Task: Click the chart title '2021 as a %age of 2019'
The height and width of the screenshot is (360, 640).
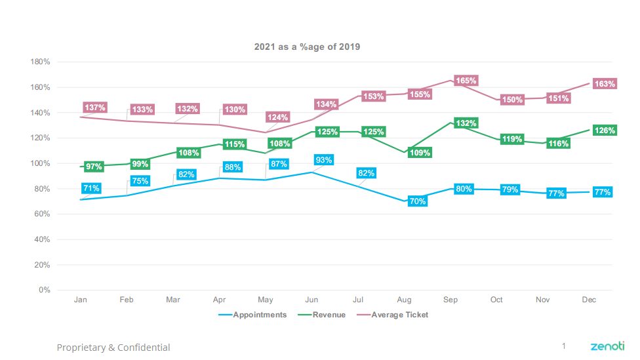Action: click(307, 47)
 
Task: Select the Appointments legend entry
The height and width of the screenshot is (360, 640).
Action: click(260, 315)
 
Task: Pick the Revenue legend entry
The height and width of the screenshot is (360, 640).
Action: click(329, 315)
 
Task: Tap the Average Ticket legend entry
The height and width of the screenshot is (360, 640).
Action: click(399, 315)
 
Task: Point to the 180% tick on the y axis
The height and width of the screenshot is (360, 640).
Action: click(41, 62)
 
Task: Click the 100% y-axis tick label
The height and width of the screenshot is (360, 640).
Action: click(41, 163)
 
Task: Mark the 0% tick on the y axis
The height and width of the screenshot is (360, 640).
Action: click(45, 290)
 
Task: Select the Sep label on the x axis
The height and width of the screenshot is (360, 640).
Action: click(450, 300)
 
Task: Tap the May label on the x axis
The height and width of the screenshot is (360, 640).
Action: click(266, 300)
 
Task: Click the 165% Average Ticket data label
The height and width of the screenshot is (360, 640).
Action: click(466, 81)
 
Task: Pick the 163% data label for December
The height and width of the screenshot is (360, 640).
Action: click(604, 84)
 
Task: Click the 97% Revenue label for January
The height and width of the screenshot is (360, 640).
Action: click(94, 167)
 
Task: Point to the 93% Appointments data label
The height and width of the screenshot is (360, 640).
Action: click(324, 160)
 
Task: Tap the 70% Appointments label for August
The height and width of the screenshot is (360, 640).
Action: click(418, 201)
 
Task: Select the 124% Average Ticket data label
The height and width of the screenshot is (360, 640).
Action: click(277, 117)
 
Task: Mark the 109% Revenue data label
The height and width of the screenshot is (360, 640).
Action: click(420, 153)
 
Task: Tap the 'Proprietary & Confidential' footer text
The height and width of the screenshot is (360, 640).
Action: click(113, 348)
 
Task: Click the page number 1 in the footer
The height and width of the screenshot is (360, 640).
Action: click(563, 346)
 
